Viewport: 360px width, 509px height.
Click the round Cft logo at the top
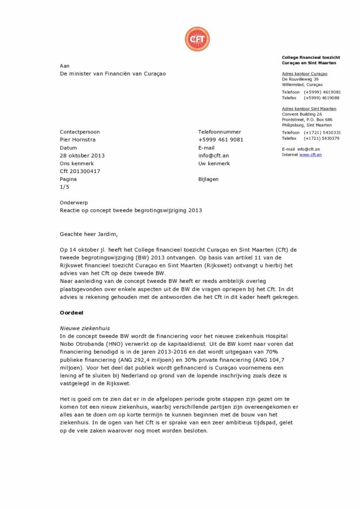(x=197, y=39)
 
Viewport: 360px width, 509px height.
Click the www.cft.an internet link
(x=310, y=155)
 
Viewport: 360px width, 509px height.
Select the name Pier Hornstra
(x=78, y=140)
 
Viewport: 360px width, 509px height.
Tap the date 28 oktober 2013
(x=82, y=156)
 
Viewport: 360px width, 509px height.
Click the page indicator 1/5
(x=65, y=187)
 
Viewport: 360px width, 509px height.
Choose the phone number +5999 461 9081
(x=221, y=140)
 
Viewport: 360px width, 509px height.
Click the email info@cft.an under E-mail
(x=213, y=156)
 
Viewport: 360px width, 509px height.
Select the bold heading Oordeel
(x=71, y=313)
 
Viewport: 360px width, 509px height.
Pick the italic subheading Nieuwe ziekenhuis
(x=85, y=329)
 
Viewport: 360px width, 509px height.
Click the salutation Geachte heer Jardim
(x=90, y=234)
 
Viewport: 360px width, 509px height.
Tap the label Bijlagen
(x=208, y=179)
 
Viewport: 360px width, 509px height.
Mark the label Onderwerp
(x=73, y=203)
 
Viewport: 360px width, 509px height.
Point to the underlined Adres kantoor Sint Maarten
(x=309, y=109)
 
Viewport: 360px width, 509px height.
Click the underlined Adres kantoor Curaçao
(x=304, y=74)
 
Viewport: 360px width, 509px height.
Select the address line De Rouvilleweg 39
(x=300, y=79)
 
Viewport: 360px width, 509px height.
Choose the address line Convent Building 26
(x=302, y=114)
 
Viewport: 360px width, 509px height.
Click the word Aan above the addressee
(x=65, y=66)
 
